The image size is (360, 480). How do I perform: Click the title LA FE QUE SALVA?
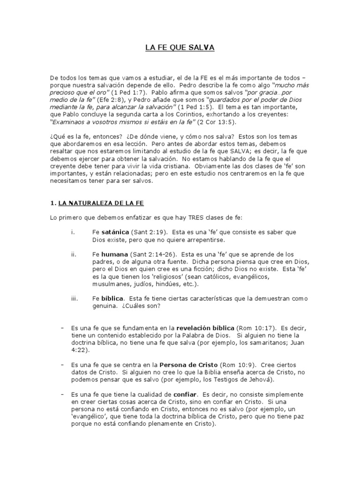[x=180, y=48]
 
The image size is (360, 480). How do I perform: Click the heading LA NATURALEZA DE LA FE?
[x=100, y=203]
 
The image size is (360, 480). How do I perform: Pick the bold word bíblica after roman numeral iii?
[x=112, y=298]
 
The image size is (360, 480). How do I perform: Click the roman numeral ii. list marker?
[x=74, y=255]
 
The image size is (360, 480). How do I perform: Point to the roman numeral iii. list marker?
[x=74, y=298]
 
